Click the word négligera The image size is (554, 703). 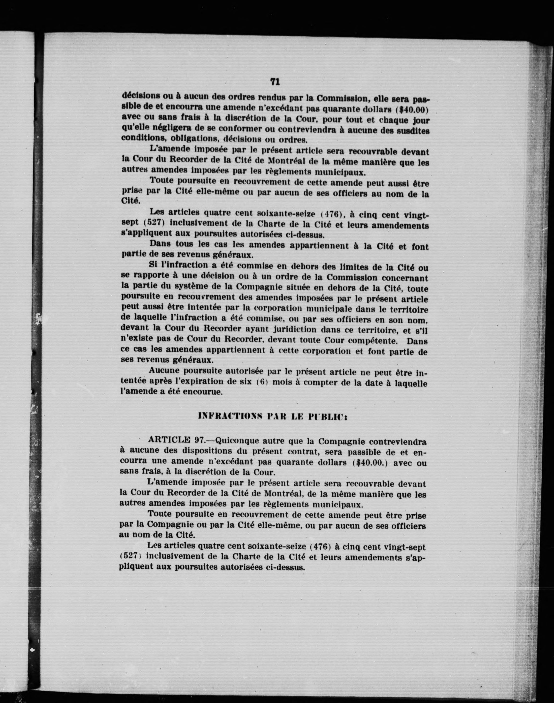[176, 128]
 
